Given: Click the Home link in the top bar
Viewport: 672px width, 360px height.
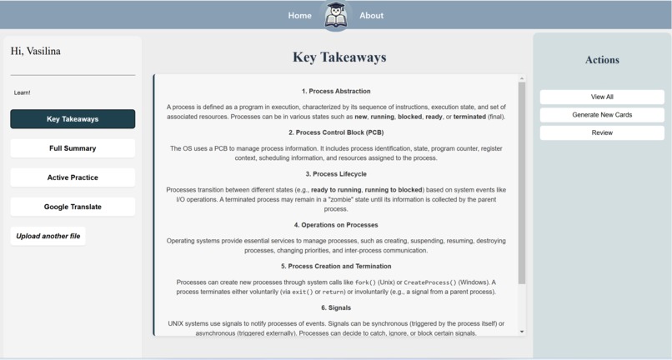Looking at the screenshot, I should (299, 16).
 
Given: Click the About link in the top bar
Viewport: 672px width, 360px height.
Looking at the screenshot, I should (371, 16).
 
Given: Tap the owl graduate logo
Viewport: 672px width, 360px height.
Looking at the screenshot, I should (335, 16).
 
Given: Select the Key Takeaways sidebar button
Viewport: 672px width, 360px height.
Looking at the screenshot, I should (73, 119).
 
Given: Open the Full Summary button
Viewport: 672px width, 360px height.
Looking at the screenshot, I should (73, 148).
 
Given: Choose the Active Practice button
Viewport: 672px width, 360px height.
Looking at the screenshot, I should (73, 177).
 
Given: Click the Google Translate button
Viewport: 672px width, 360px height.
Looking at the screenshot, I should (73, 207).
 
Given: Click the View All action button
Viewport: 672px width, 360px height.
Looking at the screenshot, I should (602, 97).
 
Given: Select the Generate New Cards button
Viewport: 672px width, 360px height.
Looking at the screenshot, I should (602, 115).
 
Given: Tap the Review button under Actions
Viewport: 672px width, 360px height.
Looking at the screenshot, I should (602, 133).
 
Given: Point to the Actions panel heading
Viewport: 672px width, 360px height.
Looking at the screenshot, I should (602, 60).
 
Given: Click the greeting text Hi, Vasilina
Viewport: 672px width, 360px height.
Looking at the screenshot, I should (36, 52).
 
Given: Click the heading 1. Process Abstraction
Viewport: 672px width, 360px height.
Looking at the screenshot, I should (336, 91).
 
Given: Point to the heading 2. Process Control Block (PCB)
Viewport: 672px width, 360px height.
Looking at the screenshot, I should (336, 132).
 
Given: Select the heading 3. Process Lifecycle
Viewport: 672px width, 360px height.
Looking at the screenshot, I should (336, 174).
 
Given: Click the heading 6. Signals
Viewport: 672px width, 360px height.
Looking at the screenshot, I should (336, 307).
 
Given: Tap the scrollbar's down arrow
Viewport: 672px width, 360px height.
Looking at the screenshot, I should (522, 332).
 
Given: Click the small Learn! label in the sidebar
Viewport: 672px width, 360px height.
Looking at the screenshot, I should (23, 92).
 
